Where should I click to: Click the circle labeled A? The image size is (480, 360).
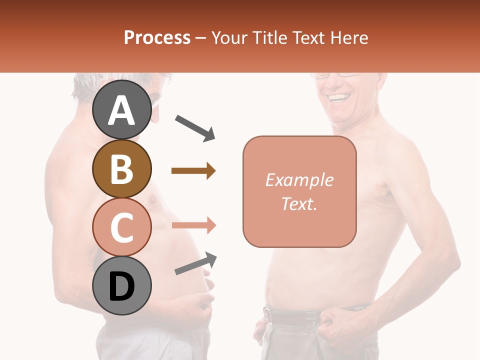(x=121, y=110)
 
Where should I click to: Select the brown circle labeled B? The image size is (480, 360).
(x=121, y=169)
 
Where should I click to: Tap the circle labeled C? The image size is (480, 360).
(x=121, y=227)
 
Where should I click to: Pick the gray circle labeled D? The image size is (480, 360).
(x=121, y=286)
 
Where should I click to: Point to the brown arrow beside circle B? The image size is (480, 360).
(x=193, y=171)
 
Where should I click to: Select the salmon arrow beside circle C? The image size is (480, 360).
(x=193, y=225)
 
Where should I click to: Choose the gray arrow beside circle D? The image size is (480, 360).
(x=195, y=263)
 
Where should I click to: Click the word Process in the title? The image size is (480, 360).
(x=157, y=37)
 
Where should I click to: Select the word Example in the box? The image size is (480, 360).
(x=299, y=180)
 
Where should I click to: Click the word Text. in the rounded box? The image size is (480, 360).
(x=299, y=203)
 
